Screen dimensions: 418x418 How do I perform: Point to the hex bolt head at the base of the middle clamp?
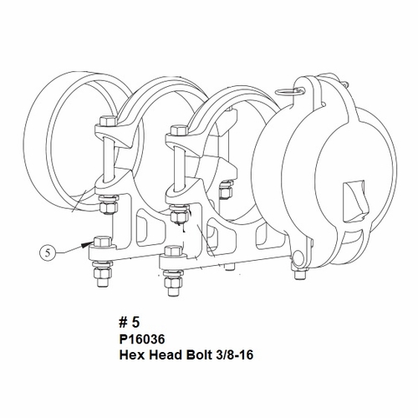click(172, 252)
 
